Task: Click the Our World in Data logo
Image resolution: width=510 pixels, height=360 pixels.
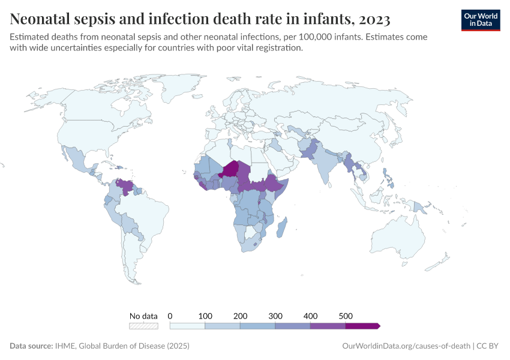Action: (x=480, y=19)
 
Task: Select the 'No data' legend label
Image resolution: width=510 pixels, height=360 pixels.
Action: (x=144, y=316)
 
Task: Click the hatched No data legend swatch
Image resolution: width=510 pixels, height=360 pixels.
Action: (x=144, y=326)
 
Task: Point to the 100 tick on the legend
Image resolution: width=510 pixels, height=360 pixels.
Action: (x=206, y=316)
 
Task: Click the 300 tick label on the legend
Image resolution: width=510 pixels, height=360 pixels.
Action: (x=275, y=316)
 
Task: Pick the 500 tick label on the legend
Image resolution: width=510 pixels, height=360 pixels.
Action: (x=346, y=316)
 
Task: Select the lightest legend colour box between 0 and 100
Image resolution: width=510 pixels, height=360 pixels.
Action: (x=188, y=326)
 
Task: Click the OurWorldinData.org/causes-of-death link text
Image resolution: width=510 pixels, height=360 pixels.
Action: (x=406, y=346)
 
